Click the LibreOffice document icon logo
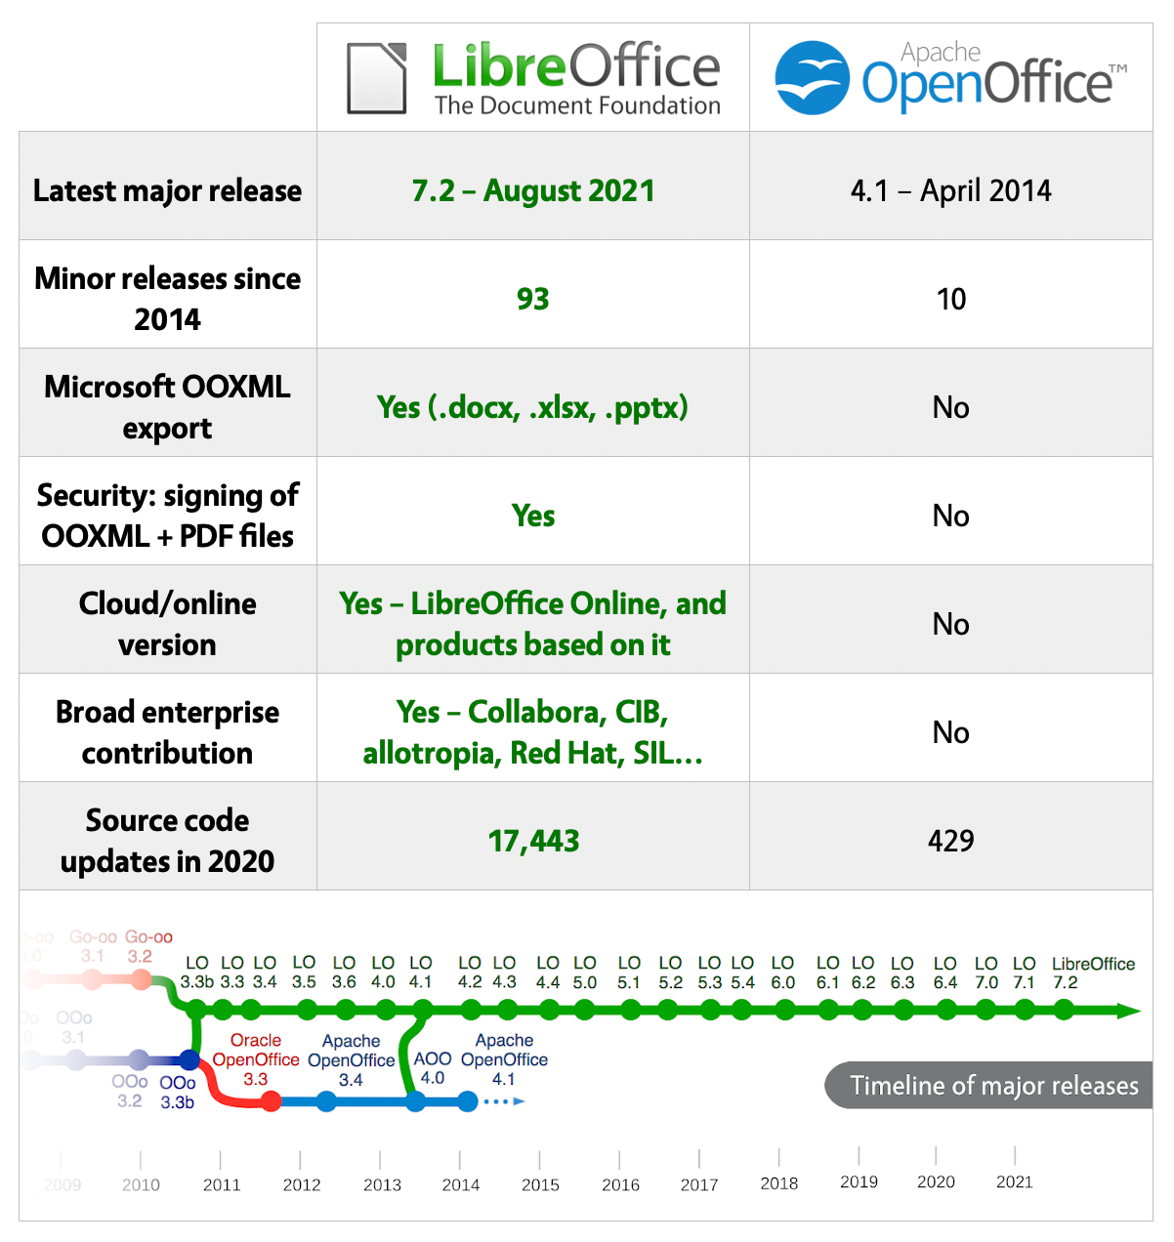point(377,77)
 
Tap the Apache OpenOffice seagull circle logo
point(812,77)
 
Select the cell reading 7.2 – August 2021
point(533,190)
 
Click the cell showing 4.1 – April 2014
point(950,190)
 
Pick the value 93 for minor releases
point(533,299)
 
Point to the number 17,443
point(533,841)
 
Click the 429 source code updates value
point(950,841)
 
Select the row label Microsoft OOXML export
point(167,407)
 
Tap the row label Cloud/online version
point(167,624)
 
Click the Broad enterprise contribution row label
point(167,732)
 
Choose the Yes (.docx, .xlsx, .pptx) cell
point(533,407)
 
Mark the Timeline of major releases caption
point(993,1086)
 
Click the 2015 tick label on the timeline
point(540,1184)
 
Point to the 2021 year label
point(1014,1181)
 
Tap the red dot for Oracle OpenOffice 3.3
point(272,1101)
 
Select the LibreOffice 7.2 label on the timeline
point(1093,973)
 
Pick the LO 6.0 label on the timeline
point(782,973)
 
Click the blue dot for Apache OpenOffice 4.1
point(468,1101)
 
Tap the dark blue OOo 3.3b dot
point(189,1060)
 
